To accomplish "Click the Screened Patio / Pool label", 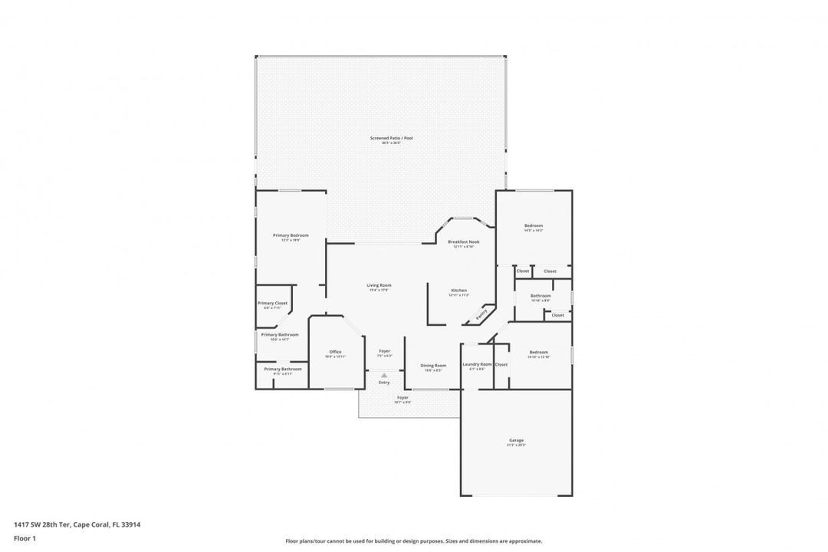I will pyautogui.click(x=392, y=138).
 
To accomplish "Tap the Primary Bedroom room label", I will pyautogui.click(x=291, y=235).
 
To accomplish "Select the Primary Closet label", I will pyautogui.click(x=272, y=303).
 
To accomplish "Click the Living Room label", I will pyautogui.click(x=379, y=285).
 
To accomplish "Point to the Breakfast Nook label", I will pyautogui.click(x=463, y=242).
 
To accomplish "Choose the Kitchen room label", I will pyautogui.click(x=458, y=291).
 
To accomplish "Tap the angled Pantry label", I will pyautogui.click(x=481, y=314).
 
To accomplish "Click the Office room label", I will pyautogui.click(x=335, y=352).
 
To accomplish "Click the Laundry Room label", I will pyautogui.click(x=477, y=364).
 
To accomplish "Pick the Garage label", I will pyautogui.click(x=516, y=440).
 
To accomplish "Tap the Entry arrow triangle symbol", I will pyautogui.click(x=384, y=375).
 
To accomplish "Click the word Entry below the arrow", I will pyautogui.click(x=384, y=383).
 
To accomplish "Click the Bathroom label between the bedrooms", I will pyautogui.click(x=541, y=295).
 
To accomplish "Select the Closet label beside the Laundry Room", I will pyautogui.click(x=501, y=364).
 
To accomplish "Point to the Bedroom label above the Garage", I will pyautogui.click(x=539, y=352).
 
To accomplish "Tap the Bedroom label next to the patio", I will pyautogui.click(x=534, y=225).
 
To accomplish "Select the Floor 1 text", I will pyautogui.click(x=25, y=538).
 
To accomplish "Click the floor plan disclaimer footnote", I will pyautogui.click(x=413, y=540).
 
